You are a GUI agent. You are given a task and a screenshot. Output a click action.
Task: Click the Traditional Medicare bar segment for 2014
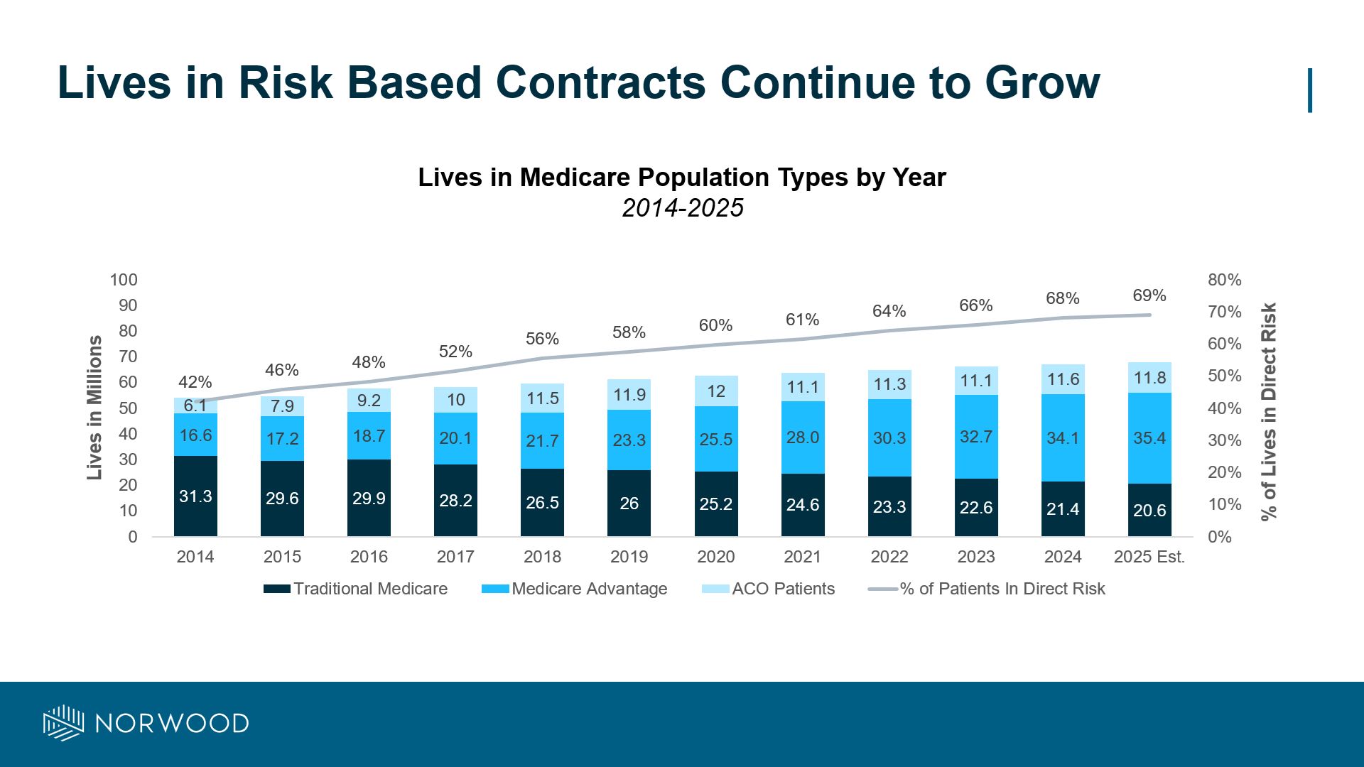195,496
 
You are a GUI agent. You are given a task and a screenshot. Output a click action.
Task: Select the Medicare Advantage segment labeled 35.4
1149,438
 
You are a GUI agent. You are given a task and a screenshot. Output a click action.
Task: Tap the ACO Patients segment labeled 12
715,391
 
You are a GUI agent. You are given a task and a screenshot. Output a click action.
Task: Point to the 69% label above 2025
1149,295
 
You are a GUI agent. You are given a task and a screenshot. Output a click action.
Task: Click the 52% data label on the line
455,352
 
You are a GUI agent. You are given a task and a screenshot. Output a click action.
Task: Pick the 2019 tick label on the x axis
629,557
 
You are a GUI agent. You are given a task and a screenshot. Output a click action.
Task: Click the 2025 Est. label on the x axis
1149,557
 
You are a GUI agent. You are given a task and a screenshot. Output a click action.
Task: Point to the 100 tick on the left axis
124,280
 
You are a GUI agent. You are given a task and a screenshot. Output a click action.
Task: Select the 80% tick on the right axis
1224,280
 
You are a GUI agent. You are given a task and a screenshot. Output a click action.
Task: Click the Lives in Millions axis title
94,408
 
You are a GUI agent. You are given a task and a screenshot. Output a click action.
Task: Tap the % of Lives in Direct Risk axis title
1269,412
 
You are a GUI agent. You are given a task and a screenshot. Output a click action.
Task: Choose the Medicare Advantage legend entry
574,589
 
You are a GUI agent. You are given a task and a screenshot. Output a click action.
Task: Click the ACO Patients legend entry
768,589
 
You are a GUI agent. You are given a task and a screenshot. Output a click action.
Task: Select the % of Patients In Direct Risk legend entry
987,589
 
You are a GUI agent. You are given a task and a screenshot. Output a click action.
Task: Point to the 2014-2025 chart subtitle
682,208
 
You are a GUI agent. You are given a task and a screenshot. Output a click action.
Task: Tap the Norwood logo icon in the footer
64,723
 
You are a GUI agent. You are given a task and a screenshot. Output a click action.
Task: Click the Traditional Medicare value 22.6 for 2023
976,508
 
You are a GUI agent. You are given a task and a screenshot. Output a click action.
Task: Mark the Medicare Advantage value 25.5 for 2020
715,440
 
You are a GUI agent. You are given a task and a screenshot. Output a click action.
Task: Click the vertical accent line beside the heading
1309,90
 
